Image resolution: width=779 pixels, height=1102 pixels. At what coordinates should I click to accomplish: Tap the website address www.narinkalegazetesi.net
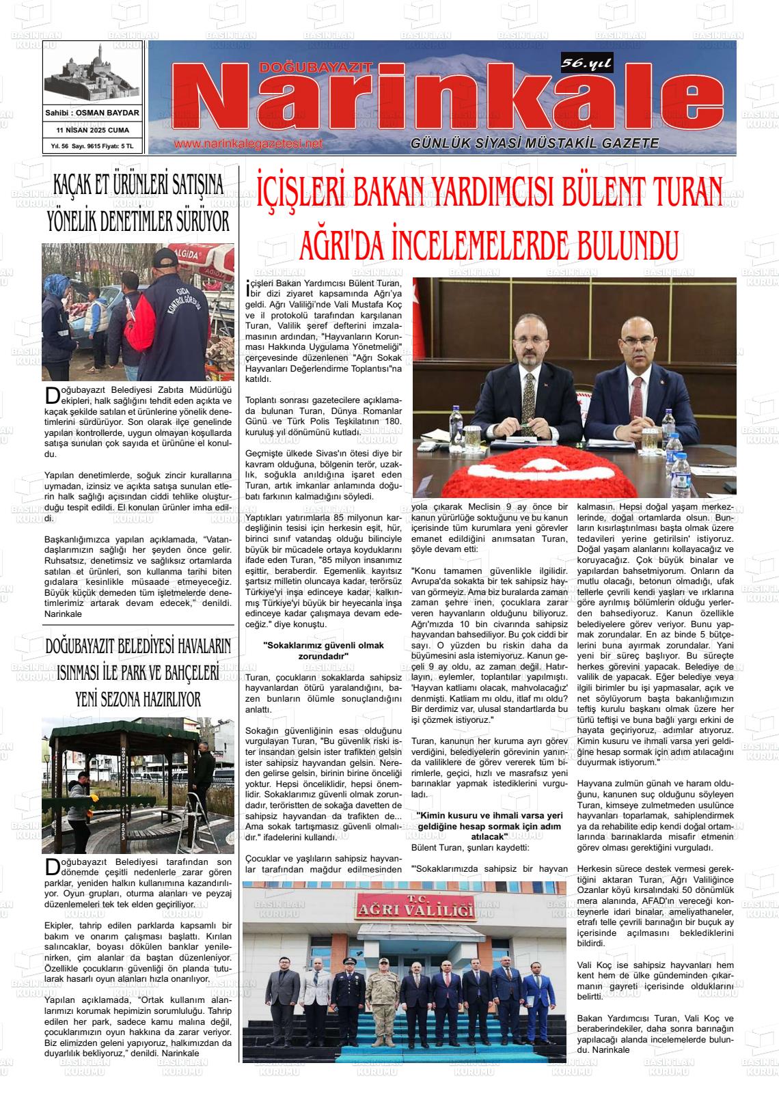pos(248,144)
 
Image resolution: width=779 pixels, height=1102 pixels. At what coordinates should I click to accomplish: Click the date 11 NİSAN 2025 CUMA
pos(92,130)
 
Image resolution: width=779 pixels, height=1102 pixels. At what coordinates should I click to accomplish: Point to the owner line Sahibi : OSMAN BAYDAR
pos(92,113)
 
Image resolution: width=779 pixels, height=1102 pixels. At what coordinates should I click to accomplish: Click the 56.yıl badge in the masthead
pos(586,64)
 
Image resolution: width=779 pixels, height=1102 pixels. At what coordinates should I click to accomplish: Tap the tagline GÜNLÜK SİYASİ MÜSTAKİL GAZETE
pos(534,143)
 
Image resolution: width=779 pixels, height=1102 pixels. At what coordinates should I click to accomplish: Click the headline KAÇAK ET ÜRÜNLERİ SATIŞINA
pos(139,185)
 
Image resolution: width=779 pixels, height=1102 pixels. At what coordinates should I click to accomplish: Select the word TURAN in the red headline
pos(674,189)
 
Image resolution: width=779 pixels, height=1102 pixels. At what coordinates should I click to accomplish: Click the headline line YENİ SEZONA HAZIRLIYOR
pos(138,698)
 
